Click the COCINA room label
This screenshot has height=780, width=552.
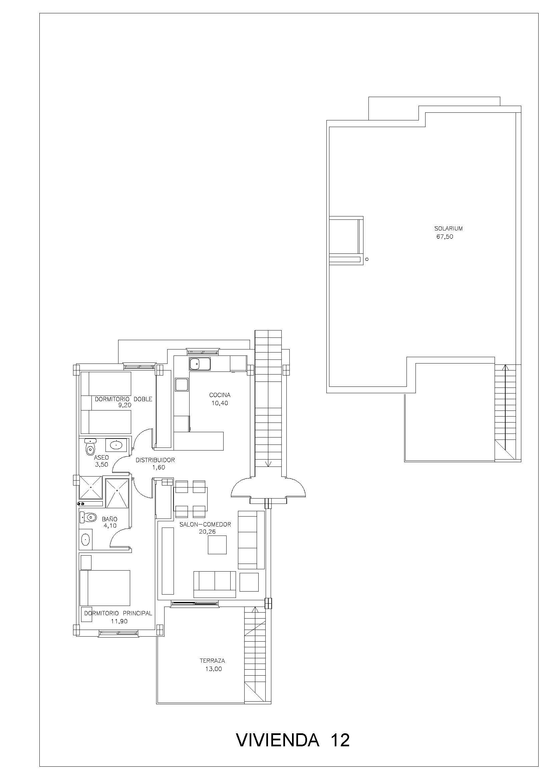(220, 395)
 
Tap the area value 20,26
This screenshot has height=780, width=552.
(207, 532)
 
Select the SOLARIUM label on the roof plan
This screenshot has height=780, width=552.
(448, 229)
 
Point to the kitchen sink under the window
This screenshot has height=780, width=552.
(200, 364)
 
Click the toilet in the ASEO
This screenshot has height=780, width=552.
(90, 447)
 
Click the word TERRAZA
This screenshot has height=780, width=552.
(212, 661)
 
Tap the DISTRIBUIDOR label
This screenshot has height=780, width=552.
(155, 460)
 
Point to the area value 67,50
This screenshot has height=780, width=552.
(445, 237)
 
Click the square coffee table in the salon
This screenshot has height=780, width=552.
(217, 545)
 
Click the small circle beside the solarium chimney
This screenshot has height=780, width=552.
(367, 259)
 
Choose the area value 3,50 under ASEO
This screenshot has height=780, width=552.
(102, 465)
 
